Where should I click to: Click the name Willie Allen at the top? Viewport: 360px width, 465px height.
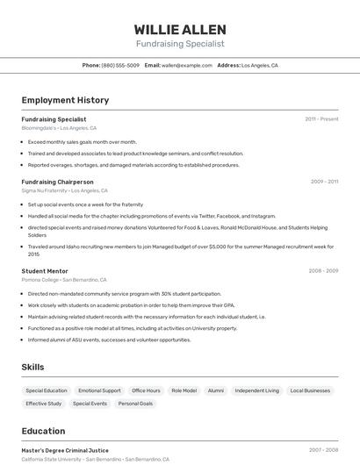(x=180, y=29)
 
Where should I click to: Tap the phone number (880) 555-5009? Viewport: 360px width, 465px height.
(x=120, y=65)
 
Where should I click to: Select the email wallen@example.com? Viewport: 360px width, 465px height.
(x=187, y=65)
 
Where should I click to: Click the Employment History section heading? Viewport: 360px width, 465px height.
(x=65, y=100)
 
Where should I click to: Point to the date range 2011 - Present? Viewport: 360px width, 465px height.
(x=321, y=118)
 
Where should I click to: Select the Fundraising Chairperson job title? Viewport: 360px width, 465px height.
(x=57, y=182)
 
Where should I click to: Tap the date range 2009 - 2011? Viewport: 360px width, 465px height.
(x=324, y=182)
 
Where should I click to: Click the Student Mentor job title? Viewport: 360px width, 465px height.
(x=45, y=271)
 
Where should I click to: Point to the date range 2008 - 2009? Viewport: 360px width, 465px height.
(x=323, y=271)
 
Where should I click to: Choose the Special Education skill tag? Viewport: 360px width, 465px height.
(x=47, y=390)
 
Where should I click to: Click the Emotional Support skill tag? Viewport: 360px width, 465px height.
(x=99, y=390)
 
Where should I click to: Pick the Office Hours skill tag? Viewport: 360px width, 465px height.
(x=146, y=390)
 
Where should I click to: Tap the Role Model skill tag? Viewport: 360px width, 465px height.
(x=184, y=390)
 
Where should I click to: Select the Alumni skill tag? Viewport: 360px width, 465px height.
(x=216, y=390)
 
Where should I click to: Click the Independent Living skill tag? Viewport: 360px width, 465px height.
(x=256, y=390)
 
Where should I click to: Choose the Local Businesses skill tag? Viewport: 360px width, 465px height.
(x=310, y=390)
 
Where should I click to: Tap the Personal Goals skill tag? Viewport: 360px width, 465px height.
(x=135, y=404)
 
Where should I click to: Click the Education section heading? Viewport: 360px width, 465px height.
(x=43, y=431)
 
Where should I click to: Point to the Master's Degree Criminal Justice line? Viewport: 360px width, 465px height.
(x=65, y=450)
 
